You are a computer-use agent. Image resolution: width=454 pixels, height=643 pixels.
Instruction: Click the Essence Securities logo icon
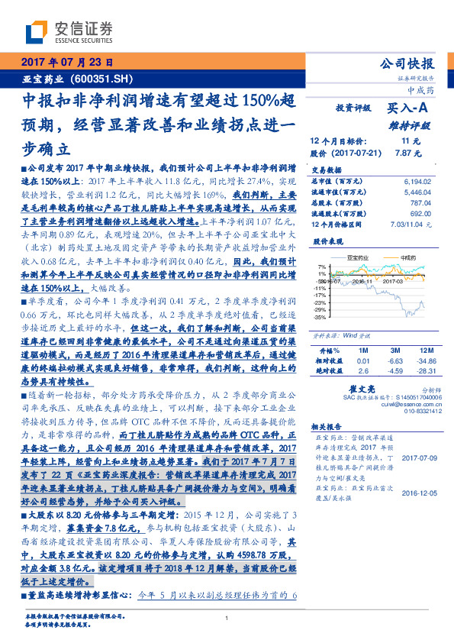pyautogui.click(x=35, y=33)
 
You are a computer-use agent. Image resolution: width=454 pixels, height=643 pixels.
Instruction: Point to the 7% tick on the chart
pyautogui.click(x=324, y=267)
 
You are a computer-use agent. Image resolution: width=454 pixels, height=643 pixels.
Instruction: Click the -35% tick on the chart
pyautogui.click(x=322, y=316)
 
